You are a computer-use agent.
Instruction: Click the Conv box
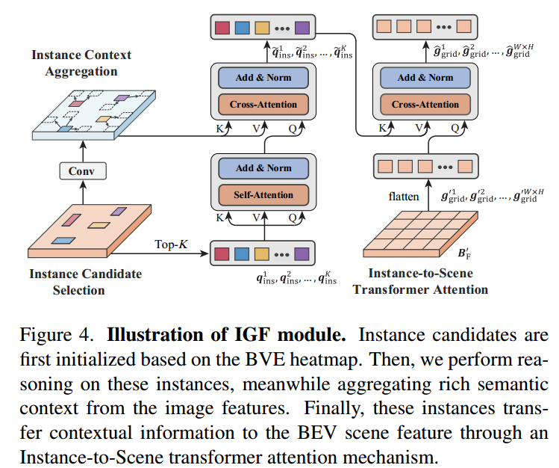(x=82, y=171)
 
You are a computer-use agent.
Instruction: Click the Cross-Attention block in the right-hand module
(x=425, y=105)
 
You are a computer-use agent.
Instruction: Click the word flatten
(x=402, y=197)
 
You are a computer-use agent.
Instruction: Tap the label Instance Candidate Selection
(x=85, y=282)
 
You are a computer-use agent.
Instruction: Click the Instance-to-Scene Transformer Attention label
(x=420, y=282)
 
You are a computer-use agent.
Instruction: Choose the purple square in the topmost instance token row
(x=302, y=28)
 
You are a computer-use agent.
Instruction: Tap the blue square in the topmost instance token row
(x=242, y=28)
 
